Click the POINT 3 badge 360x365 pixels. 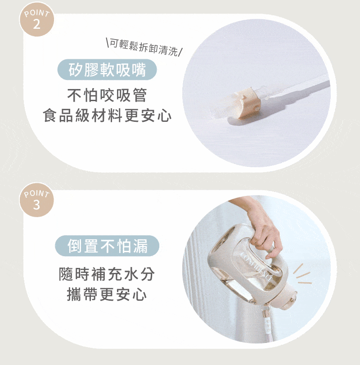pyautogui.click(x=36, y=200)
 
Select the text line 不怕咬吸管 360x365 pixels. pyautogui.click(x=107, y=96)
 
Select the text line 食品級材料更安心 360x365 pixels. pyautogui.click(x=107, y=116)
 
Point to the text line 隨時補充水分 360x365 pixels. pyautogui.click(x=107, y=274)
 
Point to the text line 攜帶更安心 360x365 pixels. pyautogui.click(x=107, y=294)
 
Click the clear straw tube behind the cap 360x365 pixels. pyautogui.click(x=297, y=90)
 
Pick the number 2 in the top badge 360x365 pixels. pyautogui.click(x=36, y=24)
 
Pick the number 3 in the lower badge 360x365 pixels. pyautogui.click(x=36, y=205)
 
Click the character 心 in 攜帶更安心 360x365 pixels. pyautogui.click(x=140, y=294)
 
